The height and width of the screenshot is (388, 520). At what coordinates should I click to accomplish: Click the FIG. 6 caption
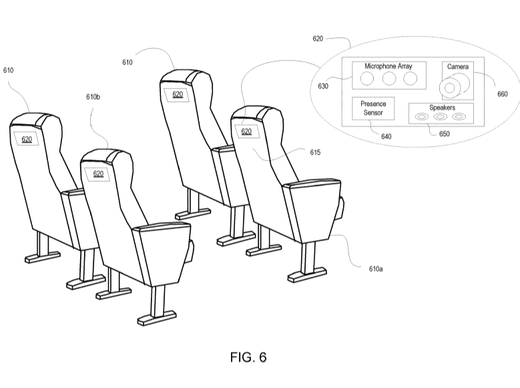[x=248, y=358]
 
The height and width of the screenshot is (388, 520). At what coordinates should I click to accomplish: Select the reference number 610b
[x=93, y=97]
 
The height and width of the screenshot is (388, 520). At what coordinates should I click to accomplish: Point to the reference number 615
[x=315, y=153]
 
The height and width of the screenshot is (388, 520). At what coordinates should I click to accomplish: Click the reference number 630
[x=323, y=85]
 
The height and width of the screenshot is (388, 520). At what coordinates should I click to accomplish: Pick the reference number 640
[x=386, y=136]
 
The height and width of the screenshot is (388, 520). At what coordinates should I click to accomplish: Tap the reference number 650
[x=444, y=133]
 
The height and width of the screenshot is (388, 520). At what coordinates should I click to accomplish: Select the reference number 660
[x=503, y=94]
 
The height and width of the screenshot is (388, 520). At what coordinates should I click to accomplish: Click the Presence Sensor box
[x=373, y=109]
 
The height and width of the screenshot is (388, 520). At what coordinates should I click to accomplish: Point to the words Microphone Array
[x=388, y=66]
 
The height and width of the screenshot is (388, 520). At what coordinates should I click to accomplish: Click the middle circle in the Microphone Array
[x=388, y=79]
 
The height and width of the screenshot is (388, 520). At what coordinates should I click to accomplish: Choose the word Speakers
[x=441, y=107]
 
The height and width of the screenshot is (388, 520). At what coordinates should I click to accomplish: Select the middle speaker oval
[x=440, y=117]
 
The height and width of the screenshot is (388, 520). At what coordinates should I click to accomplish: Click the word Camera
[x=457, y=67]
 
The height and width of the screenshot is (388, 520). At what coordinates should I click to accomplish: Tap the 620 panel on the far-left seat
[x=27, y=139]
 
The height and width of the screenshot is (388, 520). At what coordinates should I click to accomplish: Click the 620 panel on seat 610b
[x=97, y=173]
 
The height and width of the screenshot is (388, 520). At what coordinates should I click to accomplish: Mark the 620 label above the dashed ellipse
[x=318, y=39]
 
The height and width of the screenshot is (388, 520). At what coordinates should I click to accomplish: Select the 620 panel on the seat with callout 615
[x=246, y=131]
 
